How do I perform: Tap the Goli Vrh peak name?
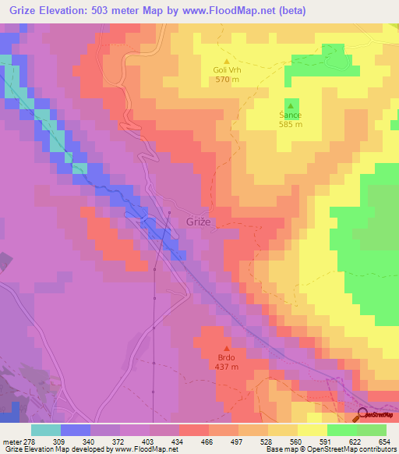(x=227, y=69)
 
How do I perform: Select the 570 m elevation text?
(x=227, y=79)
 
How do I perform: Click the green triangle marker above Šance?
(x=291, y=105)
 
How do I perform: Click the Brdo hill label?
(x=227, y=358)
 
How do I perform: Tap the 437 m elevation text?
(x=227, y=367)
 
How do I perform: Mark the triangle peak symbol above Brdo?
(x=227, y=349)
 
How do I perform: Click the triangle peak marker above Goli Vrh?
(x=227, y=60)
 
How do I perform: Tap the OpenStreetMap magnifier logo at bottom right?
(x=364, y=414)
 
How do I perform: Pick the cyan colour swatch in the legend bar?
(x=46, y=430)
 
